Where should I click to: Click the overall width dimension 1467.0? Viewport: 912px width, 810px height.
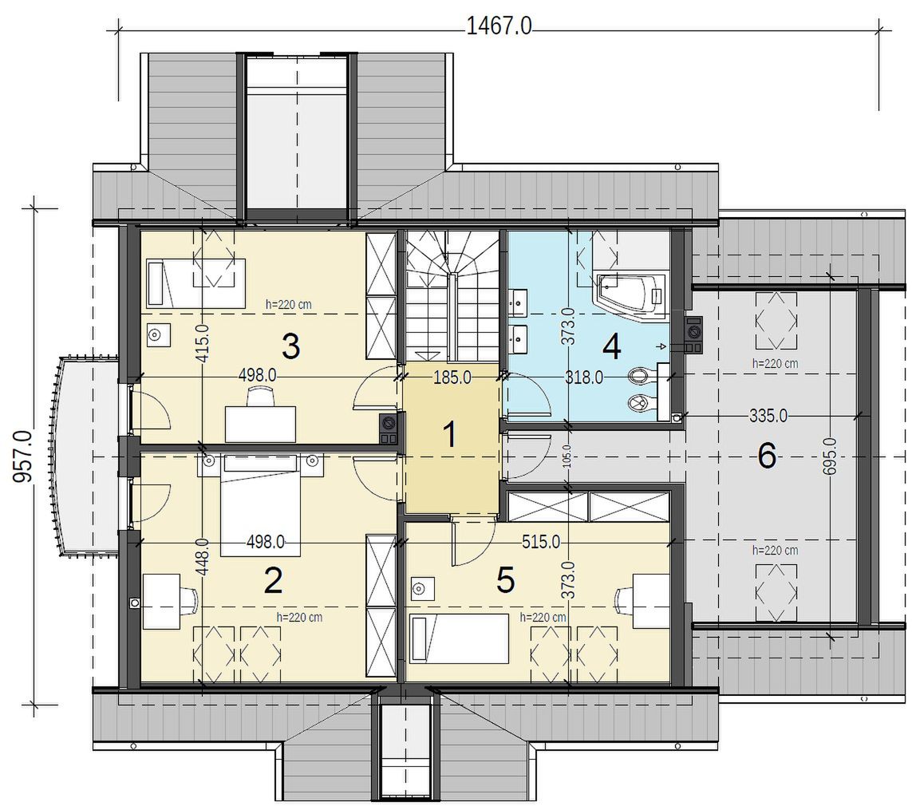pos(499,26)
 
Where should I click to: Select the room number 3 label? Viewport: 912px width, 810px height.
pos(290,346)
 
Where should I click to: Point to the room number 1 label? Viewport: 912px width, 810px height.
pos(449,435)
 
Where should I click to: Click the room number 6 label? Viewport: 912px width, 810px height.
pos(767,456)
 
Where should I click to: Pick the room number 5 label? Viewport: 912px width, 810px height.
pos(505,580)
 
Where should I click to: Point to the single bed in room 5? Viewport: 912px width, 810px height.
pos(460,639)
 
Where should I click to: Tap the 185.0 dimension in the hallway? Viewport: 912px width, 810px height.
pos(452,377)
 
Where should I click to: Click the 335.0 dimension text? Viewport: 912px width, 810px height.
pos(768,416)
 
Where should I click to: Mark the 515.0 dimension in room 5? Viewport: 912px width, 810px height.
pos(541,543)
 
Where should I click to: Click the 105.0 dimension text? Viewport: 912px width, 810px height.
pos(567,456)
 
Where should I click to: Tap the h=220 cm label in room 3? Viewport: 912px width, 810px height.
pos(289,304)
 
